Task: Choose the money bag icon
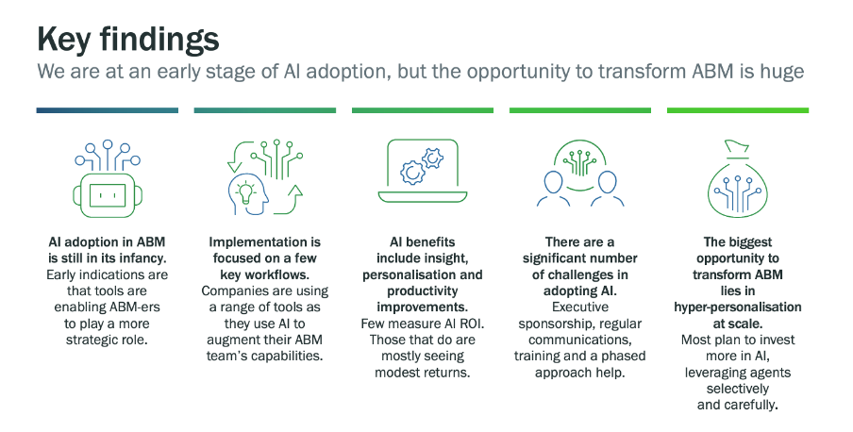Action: [x=737, y=179]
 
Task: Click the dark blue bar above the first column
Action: [x=107, y=110]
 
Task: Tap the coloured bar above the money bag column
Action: [x=737, y=110]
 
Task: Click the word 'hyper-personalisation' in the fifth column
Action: [x=737, y=307]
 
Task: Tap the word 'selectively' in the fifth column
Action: [x=737, y=389]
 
